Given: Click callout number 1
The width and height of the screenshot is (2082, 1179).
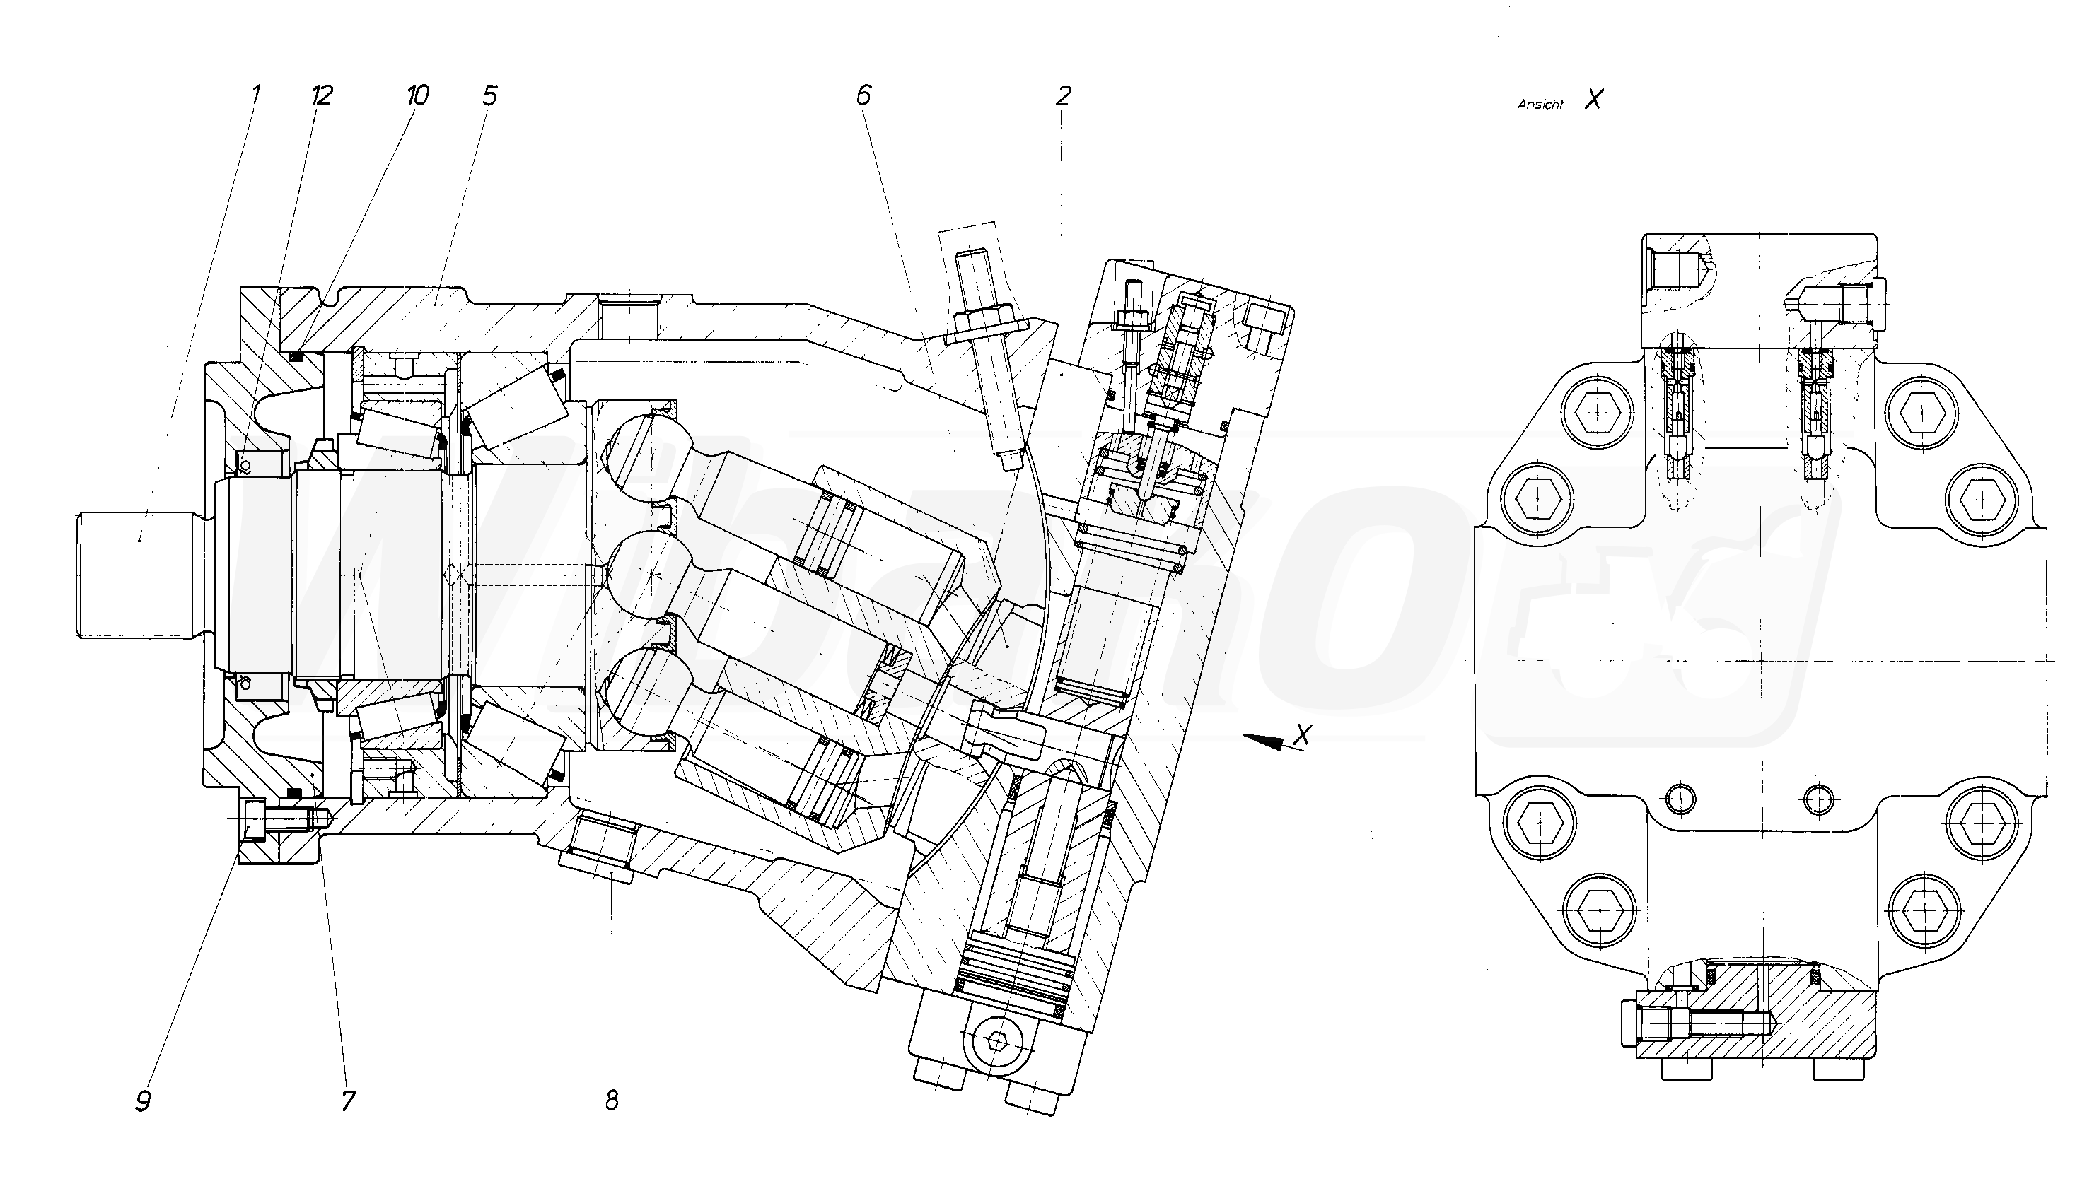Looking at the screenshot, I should [255, 95].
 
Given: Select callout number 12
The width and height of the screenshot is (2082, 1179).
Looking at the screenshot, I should [322, 95].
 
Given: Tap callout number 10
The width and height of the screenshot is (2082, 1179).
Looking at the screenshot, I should [417, 95].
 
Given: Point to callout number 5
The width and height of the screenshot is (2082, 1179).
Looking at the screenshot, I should [489, 95].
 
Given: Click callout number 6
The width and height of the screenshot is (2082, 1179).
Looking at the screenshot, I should [863, 95].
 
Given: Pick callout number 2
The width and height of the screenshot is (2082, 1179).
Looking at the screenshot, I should [1063, 96].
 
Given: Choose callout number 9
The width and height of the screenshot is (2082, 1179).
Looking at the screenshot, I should [144, 1101].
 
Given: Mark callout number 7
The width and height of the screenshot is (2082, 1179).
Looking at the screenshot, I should [349, 1101].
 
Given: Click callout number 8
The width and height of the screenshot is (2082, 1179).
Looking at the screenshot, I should [612, 1101].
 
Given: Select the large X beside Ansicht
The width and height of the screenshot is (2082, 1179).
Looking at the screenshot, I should [1593, 100].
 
